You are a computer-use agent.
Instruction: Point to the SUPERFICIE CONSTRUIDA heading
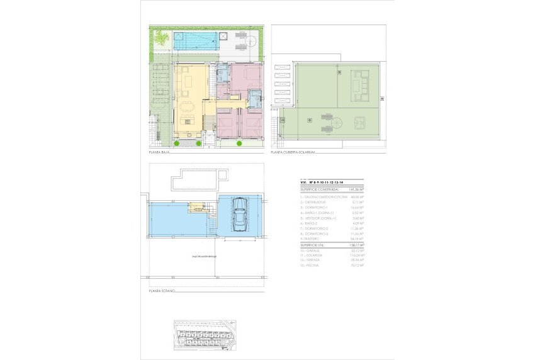(x=319, y=188)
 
